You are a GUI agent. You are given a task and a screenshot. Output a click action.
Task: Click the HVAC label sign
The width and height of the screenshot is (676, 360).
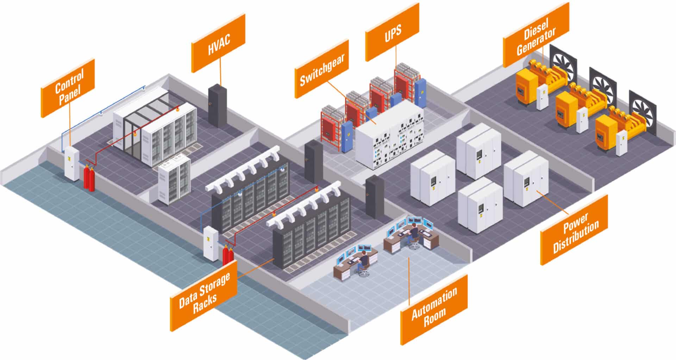pos(218,43)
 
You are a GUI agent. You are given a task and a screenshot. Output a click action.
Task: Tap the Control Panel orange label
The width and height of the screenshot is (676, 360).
pos(68,88)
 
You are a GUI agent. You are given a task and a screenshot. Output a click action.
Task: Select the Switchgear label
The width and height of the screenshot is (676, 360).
pos(322,69)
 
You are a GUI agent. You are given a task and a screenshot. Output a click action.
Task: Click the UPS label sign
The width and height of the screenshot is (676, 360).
pos(392,32)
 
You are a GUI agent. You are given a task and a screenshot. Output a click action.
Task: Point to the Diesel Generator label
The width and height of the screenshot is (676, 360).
pos(536,35)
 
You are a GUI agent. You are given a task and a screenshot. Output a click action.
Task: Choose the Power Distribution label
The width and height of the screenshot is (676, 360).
pos(574,230)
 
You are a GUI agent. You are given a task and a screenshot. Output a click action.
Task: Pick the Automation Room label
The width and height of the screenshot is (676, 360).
pos(434,310)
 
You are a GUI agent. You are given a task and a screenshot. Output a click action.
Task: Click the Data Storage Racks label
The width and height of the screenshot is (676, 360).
pos(204,296)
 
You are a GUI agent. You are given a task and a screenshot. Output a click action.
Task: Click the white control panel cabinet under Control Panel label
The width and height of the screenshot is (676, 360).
pos(71,163)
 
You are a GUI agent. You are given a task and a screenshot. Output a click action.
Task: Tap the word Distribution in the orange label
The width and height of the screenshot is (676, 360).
pos(576,237)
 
